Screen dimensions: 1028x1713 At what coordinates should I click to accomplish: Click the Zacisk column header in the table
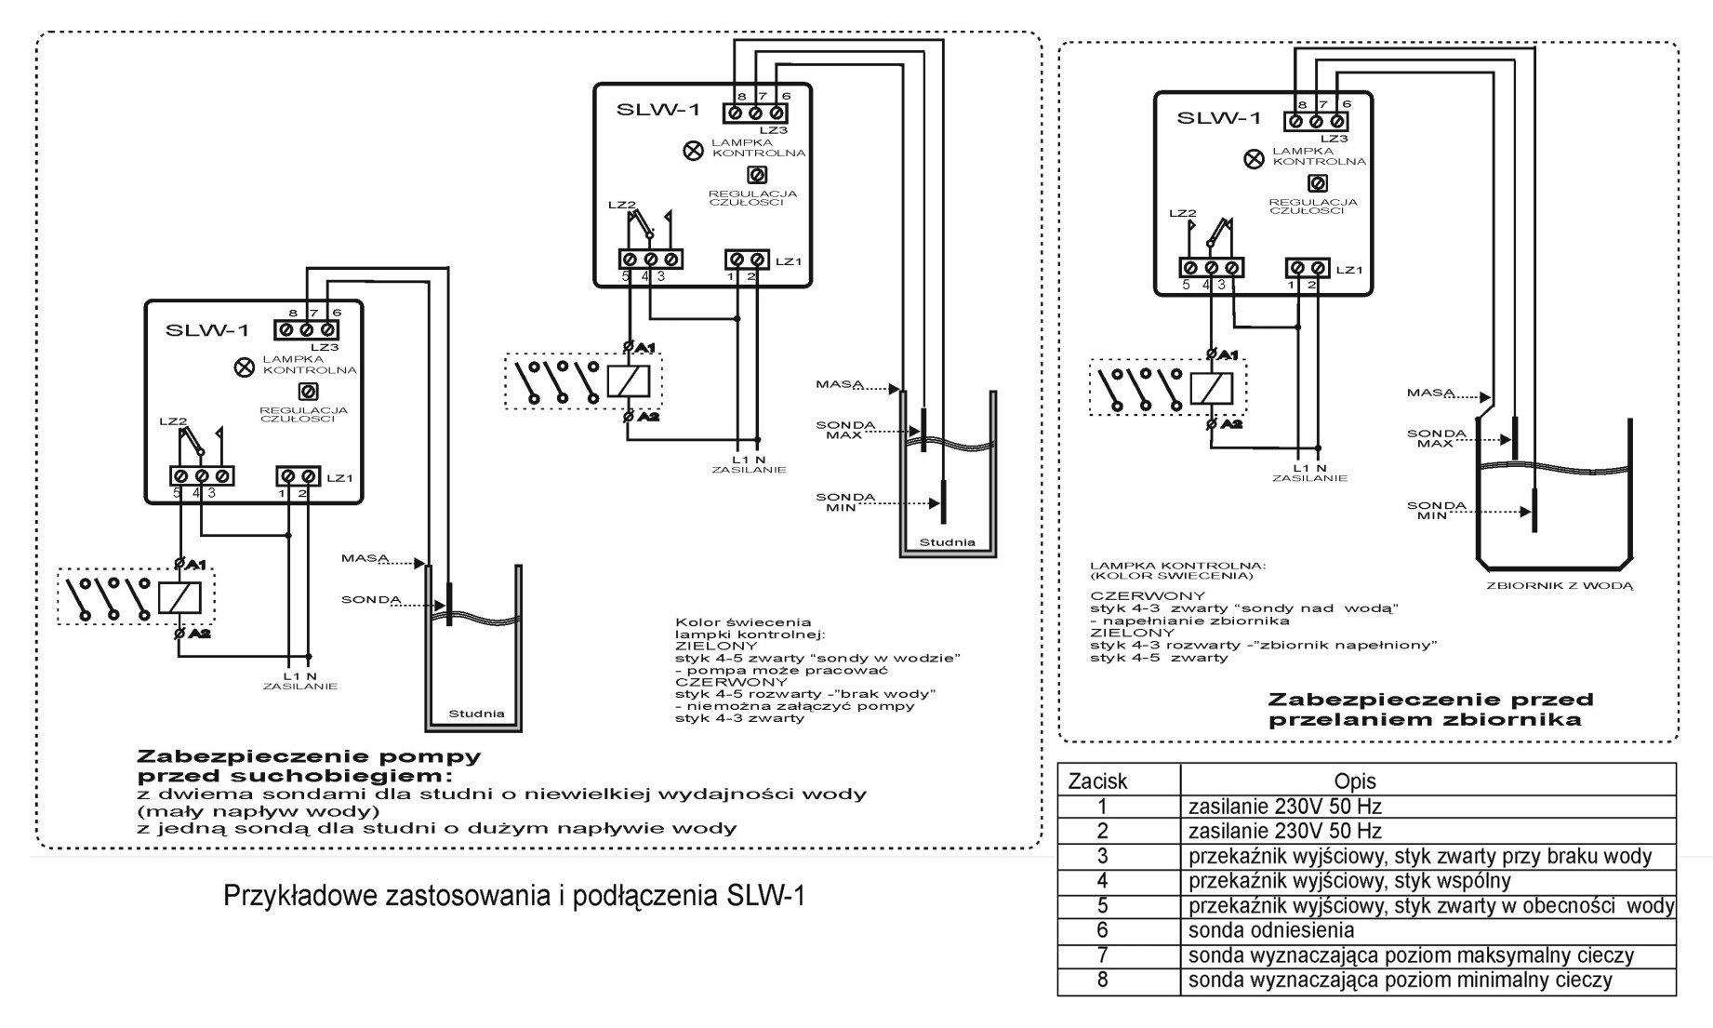[x=1097, y=781]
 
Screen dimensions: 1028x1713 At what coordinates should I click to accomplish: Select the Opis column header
[x=1354, y=781]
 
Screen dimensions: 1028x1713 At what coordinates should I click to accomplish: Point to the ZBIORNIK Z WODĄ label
[x=1560, y=586]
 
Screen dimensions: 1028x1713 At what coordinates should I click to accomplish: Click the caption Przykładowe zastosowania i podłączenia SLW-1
[x=514, y=896]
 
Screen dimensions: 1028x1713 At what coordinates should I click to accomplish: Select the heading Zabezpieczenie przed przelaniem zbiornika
[x=1430, y=709]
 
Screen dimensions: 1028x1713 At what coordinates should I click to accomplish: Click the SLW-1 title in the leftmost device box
[x=206, y=330]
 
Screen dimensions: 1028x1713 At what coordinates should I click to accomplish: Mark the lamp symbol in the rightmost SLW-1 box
[x=1255, y=159]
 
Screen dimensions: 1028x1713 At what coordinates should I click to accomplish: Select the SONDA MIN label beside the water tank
[x=1436, y=511]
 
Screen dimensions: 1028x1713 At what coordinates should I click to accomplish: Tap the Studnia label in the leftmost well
[x=476, y=714]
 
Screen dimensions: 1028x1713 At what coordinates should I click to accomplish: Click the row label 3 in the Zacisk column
[x=1102, y=856]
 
